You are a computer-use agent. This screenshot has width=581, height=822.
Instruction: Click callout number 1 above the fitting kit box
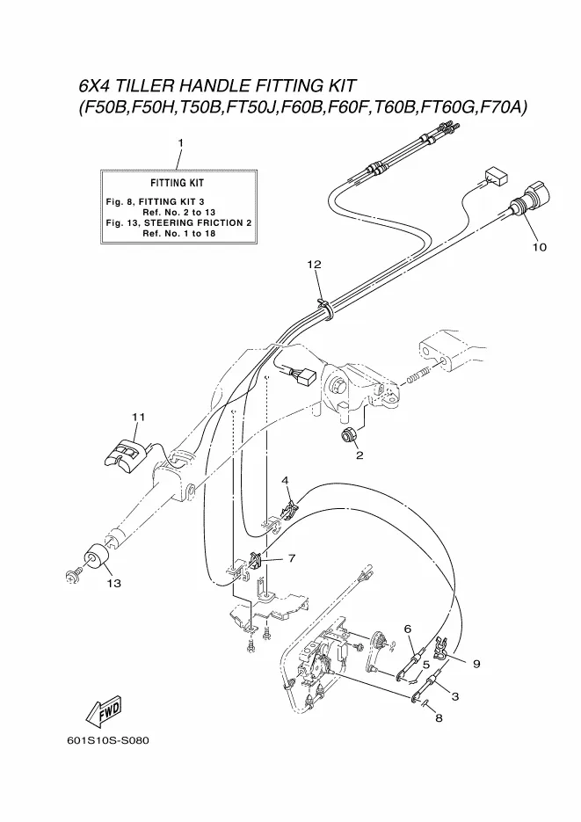tap(180, 142)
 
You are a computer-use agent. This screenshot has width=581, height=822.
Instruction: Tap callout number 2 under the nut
tap(359, 455)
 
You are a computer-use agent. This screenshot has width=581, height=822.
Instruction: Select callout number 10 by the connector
tap(539, 247)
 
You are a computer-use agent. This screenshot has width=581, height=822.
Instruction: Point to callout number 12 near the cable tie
tap(315, 264)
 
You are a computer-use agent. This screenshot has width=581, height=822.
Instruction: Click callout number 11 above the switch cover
tap(138, 417)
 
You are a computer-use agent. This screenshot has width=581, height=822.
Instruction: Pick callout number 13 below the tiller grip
tap(114, 583)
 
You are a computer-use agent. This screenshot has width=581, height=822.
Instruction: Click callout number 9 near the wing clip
tap(476, 664)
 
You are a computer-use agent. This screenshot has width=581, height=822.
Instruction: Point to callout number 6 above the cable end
tap(408, 629)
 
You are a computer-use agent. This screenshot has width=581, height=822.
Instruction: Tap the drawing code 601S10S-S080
tap(107, 739)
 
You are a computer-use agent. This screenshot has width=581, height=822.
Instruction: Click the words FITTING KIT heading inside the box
tap(177, 184)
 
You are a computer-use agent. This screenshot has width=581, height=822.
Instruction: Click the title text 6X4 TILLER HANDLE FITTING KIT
tap(217, 86)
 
